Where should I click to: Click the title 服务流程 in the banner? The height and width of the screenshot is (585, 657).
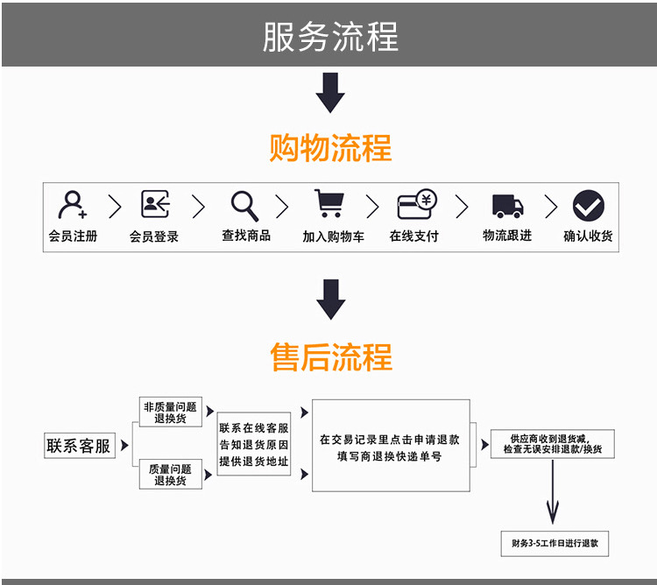[x=330, y=36]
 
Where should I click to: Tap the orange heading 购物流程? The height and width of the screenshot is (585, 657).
[x=330, y=148]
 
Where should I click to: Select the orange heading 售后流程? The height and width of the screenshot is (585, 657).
[x=330, y=357]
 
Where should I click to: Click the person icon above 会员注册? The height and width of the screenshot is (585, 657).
[x=73, y=206]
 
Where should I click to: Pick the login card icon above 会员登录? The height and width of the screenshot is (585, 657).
[x=155, y=205]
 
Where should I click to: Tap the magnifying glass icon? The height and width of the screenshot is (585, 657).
[x=244, y=206]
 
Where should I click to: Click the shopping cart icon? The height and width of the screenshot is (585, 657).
[x=328, y=204]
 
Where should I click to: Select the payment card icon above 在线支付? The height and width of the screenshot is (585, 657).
[x=417, y=205]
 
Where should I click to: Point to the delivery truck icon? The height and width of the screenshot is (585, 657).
[x=507, y=206]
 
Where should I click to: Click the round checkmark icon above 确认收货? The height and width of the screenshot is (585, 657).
[x=589, y=206]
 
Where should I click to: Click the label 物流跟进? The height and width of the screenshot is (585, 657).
[x=507, y=236]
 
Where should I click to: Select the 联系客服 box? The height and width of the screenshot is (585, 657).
[x=79, y=446]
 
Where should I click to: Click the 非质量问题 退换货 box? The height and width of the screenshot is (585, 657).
[x=170, y=412]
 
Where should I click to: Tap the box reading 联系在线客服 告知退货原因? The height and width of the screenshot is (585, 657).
[x=253, y=444]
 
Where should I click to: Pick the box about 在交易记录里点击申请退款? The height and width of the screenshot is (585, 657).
[x=390, y=446]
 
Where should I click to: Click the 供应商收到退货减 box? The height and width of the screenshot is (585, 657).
[x=552, y=443]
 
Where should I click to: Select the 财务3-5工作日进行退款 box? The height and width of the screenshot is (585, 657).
[x=555, y=543]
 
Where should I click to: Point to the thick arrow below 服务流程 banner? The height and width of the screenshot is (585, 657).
[x=330, y=93]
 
